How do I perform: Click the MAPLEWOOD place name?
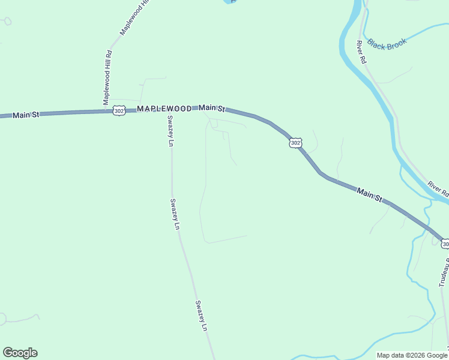point(164,109)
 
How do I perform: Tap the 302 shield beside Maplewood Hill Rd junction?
point(119,111)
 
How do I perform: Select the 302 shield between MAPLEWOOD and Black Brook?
point(295,142)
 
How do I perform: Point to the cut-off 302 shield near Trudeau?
point(445,244)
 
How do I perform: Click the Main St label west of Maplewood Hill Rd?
point(26,114)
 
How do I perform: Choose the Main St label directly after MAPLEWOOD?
point(212,108)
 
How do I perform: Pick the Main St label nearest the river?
point(369,194)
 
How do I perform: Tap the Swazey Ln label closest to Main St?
point(170,131)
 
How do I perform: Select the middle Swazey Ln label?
point(174,214)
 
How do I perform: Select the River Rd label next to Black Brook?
point(361,52)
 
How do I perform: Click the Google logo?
point(20,353)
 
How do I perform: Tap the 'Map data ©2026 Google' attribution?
point(412,355)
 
